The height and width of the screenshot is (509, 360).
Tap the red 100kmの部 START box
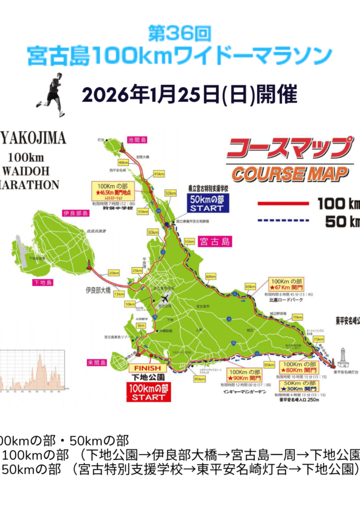148,393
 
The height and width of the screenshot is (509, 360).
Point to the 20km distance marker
114,273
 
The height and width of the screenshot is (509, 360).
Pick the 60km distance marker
210,277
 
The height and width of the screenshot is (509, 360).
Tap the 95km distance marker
199,379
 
